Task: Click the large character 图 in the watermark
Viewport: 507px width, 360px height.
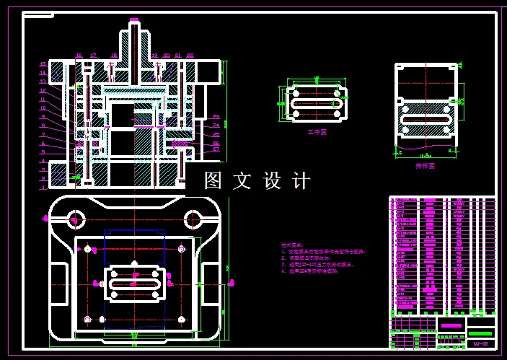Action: pos(213,181)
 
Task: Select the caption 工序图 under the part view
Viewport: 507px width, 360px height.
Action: pos(317,133)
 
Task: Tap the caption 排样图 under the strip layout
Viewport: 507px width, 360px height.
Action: pos(426,165)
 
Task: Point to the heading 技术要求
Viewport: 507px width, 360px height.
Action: pos(292,245)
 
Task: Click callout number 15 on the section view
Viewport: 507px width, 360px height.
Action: pos(43,64)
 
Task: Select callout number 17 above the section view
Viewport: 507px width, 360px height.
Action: pos(93,55)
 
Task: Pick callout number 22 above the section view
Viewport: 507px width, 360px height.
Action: pos(190,55)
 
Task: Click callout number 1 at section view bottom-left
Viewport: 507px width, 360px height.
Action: pos(43,187)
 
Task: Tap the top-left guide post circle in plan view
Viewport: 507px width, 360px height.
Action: pos(74,219)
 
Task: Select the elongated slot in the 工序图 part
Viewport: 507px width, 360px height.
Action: pos(316,104)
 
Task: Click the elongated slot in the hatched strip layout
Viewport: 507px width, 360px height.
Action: pos(426,118)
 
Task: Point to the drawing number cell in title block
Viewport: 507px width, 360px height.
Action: pos(481,343)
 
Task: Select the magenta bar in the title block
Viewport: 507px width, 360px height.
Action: pos(451,327)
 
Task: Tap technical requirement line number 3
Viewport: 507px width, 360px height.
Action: pos(317,265)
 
